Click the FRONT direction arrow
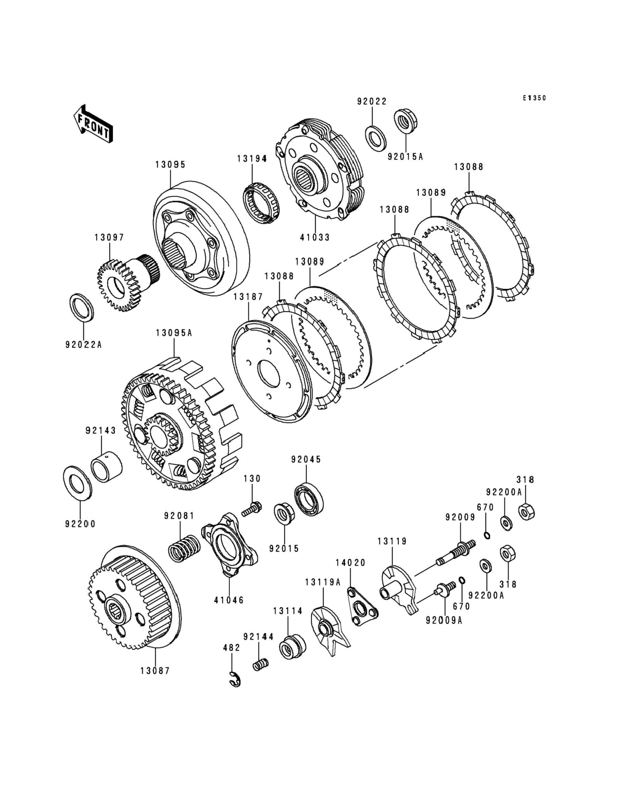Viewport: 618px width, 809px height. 93,124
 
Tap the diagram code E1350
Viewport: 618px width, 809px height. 535,98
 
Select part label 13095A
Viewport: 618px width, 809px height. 174,333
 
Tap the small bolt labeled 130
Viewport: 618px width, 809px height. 252,509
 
